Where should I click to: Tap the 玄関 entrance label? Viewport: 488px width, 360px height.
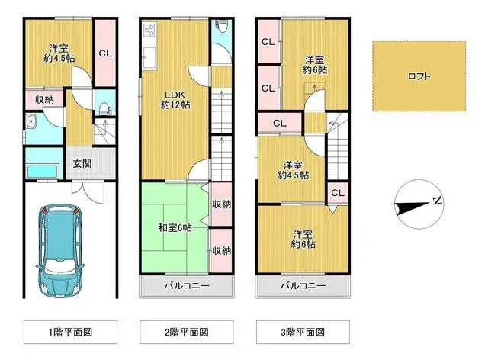pos(82,162)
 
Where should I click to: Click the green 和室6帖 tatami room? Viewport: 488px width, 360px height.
pos(174,227)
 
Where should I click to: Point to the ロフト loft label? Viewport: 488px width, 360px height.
pos(418,76)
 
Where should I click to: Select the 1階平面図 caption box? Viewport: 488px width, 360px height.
pos(71,332)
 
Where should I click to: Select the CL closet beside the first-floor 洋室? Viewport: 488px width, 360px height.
pos(105,53)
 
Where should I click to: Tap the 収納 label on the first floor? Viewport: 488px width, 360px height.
pos(43,99)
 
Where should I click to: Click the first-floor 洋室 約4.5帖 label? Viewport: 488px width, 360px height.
pos(57,51)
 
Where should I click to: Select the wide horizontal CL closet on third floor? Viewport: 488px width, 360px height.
pos(279,122)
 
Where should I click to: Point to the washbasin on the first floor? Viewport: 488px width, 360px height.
pos(33,121)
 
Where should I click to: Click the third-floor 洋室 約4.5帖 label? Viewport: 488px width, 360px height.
pos(293,170)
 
